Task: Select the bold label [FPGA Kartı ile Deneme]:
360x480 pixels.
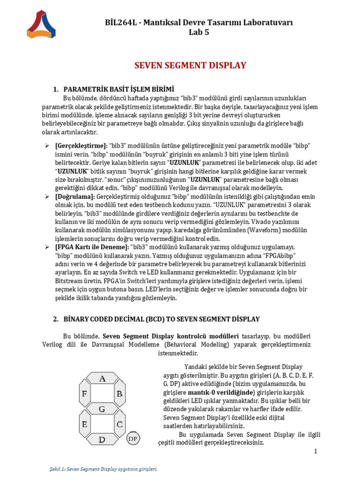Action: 92,247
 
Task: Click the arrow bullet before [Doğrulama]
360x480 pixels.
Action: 47,196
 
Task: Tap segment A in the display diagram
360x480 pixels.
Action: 102,378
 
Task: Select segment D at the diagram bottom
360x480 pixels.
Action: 102,440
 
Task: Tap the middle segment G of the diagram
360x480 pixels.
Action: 102,409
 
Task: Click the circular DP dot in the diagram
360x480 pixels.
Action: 134,438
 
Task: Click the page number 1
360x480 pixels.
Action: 316,451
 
